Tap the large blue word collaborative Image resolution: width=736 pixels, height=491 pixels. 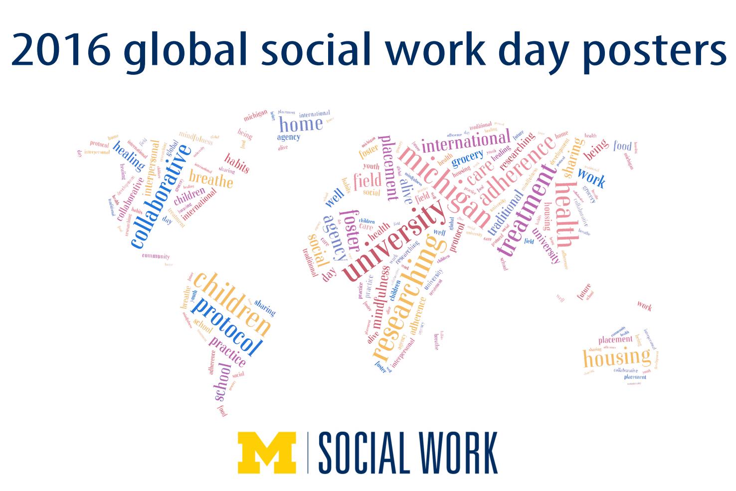tap(161, 196)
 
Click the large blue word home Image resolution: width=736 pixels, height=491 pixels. tap(301, 124)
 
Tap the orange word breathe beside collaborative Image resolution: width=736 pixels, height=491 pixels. tap(211, 179)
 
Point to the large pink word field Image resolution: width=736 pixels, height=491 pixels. tap(368, 181)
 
